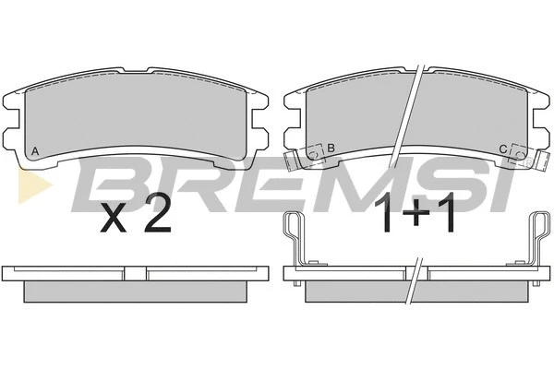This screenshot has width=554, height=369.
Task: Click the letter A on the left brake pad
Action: pos(35,151)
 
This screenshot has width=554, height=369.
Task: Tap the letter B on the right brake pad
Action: pos(331,148)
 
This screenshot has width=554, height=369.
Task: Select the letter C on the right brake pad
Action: pos(503,149)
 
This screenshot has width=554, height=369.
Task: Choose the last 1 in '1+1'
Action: pos(447,214)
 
